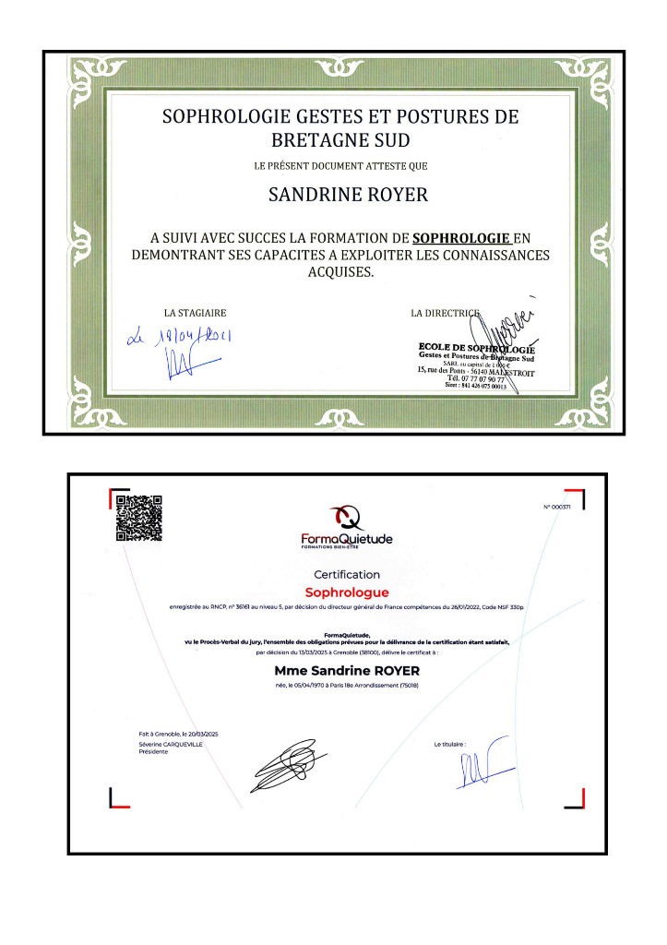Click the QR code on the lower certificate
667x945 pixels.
click(138, 518)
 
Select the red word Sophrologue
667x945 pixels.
click(347, 592)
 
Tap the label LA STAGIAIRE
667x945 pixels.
click(195, 313)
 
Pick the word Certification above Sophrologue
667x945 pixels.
click(347, 574)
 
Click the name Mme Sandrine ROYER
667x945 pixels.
click(347, 671)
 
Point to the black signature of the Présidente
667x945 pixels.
click(286, 765)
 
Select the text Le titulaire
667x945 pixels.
click(449, 743)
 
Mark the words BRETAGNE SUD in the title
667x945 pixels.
click(339, 140)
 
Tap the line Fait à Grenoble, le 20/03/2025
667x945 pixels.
click(173, 734)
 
